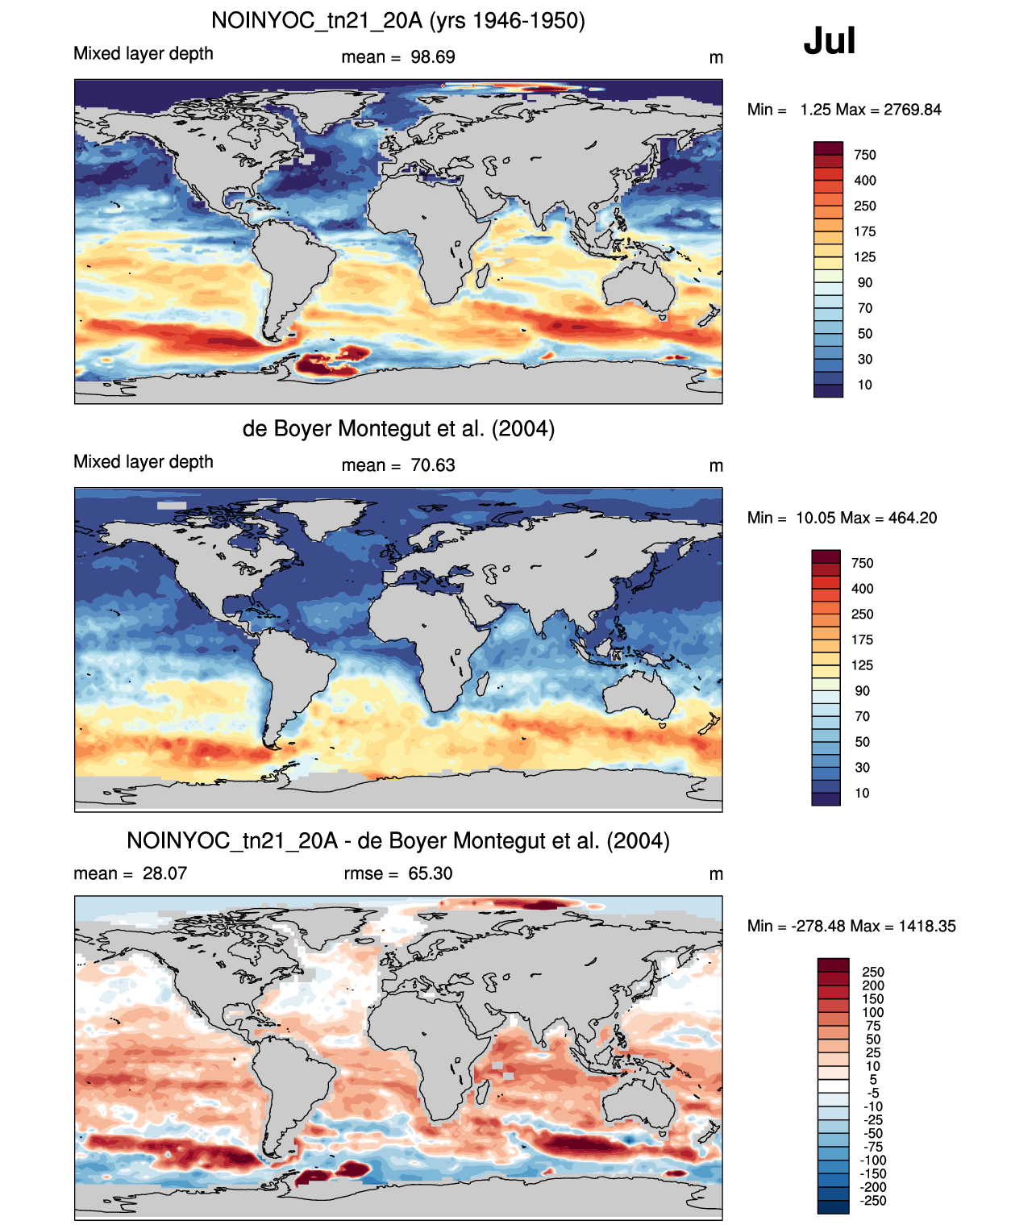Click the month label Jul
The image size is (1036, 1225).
click(829, 41)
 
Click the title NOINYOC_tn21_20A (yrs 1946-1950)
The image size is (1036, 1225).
click(398, 21)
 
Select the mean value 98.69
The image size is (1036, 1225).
click(433, 57)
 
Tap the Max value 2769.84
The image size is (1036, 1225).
click(912, 110)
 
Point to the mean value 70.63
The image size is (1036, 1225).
click(433, 465)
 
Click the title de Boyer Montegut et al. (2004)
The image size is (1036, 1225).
click(398, 429)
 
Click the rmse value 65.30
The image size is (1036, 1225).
click(430, 873)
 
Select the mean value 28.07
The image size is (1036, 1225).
click(164, 873)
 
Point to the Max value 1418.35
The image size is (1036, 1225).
click(927, 927)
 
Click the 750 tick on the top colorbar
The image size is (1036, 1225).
click(865, 156)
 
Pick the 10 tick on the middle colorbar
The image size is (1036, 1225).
click(862, 794)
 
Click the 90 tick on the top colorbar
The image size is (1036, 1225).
click(865, 283)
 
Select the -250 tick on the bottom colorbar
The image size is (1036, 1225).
click(873, 1201)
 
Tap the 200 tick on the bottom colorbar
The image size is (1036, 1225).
click(873, 985)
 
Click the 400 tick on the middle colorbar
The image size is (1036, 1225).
click(862, 589)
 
